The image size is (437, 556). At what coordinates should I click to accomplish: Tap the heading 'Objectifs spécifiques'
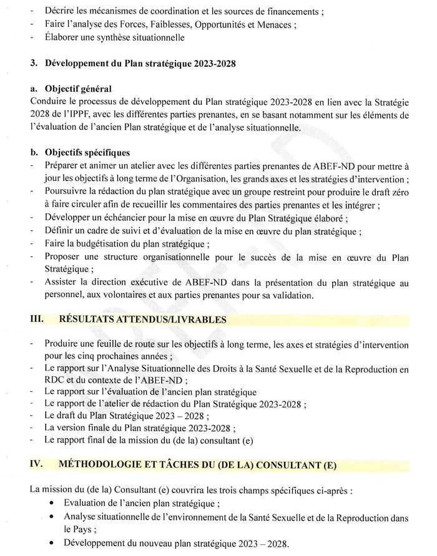pyautogui.click(x=85, y=152)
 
